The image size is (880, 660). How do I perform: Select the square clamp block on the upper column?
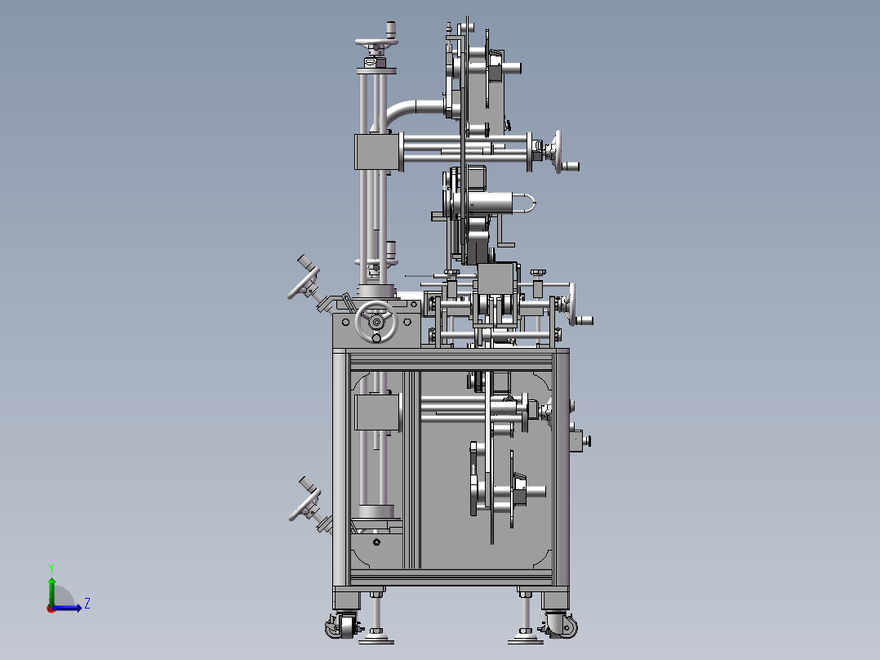[376, 152]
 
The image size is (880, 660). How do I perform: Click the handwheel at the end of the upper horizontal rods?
[558, 152]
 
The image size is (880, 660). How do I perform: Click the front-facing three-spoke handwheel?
[376, 321]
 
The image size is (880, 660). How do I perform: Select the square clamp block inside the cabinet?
[377, 412]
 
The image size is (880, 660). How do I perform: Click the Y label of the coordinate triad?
[51, 567]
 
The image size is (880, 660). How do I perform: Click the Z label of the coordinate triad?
[87, 604]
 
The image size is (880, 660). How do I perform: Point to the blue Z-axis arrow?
[69, 607]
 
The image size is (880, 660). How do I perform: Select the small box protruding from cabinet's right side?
[577, 439]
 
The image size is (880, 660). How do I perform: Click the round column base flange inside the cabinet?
[376, 513]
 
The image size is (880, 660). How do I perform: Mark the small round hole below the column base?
[376, 542]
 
